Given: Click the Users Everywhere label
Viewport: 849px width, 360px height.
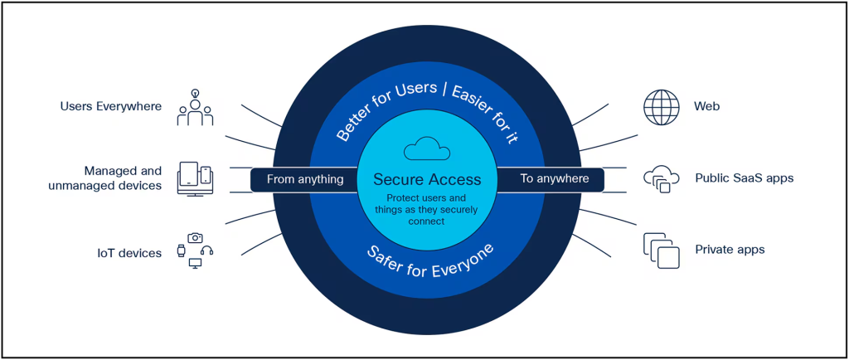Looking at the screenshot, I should [111, 106].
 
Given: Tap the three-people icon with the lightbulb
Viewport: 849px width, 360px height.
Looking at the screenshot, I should [195, 109].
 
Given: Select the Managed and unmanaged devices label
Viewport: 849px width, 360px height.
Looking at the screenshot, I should [123, 178].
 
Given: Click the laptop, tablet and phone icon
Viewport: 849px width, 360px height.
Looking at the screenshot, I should [195, 178].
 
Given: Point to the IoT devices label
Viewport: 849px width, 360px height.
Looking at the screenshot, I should [129, 252].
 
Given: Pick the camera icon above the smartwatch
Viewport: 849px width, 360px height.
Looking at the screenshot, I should [195, 237].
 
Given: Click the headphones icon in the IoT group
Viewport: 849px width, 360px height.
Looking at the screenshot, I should [207, 251].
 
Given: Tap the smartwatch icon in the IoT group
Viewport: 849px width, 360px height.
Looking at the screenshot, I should [182, 251].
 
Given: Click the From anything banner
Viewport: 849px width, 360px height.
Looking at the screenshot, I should [304, 178].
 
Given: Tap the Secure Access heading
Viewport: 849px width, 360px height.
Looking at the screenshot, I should [426, 178].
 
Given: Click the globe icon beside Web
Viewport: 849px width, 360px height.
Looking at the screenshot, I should [661, 106].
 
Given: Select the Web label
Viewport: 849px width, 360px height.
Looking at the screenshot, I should [706, 106].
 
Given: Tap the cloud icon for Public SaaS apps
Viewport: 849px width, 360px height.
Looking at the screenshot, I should [661, 178].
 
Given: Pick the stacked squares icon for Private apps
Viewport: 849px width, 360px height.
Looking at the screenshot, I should [661, 250].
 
